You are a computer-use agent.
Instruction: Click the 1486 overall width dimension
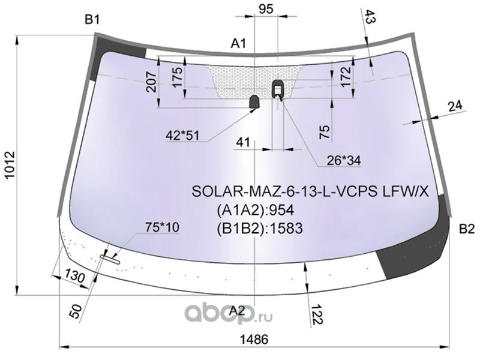[x=256, y=338]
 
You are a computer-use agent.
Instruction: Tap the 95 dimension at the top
[x=266, y=8]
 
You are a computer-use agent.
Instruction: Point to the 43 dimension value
[x=370, y=19]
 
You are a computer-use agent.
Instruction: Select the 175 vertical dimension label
[x=177, y=78]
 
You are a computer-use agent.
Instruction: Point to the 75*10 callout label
[x=162, y=227]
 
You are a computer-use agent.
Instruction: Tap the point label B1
[x=92, y=20]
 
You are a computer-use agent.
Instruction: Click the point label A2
[x=238, y=311]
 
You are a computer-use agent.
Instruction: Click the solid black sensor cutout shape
[x=254, y=102]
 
